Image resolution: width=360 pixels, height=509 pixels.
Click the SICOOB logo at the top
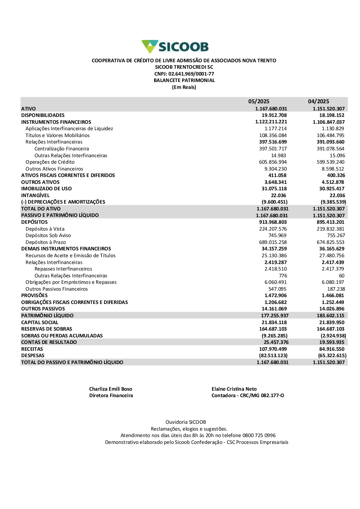175,47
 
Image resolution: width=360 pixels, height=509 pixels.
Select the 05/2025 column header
258,101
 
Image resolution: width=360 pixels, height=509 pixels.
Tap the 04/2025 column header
318,101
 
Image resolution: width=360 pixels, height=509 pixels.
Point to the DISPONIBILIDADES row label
43,115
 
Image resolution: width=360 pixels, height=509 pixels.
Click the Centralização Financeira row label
62,149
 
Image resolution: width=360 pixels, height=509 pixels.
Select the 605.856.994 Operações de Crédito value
273,162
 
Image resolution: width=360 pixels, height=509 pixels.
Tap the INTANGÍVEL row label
35,195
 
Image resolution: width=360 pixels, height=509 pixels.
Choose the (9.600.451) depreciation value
274,202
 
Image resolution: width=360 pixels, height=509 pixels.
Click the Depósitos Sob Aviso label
48,235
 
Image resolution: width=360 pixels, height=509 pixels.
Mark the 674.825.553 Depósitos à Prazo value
330,242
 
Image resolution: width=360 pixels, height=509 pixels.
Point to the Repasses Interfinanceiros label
63,269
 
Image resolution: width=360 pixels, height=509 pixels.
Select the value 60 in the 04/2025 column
342,276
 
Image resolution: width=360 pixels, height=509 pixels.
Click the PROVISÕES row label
34,295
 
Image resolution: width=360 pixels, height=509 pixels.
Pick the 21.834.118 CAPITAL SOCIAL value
274,322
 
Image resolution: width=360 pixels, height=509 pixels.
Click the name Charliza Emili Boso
111,389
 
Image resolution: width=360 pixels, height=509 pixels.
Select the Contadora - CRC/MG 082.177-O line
248,395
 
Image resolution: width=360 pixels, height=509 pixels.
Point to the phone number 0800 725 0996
259,435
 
